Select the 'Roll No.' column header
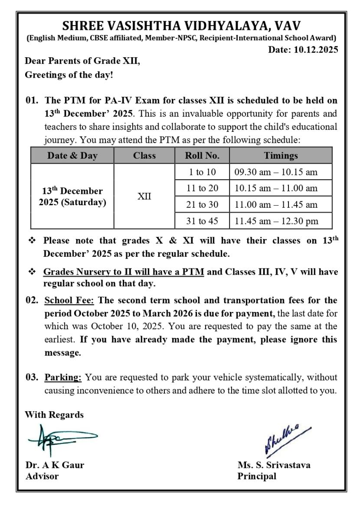(x=202, y=155)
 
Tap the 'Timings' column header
(x=281, y=155)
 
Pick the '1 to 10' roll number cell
(x=202, y=172)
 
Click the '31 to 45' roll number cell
(x=202, y=221)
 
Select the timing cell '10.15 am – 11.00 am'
(x=276, y=188)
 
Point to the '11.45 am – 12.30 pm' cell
(x=276, y=221)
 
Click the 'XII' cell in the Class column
(x=144, y=197)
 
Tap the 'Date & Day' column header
(x=72, y=155)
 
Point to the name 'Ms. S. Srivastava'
(x=274, y=465)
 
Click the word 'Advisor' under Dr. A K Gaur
(x=42, y=476)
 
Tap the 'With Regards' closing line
(x=54, y=415)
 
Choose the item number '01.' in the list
(x=32, y=100)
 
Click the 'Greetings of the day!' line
(x=69, y=75)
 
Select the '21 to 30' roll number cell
(x=202, y=205)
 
